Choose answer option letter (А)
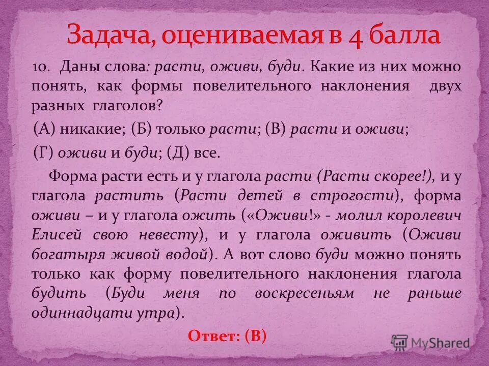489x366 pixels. (44, 129)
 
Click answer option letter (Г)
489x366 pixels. (44, 153)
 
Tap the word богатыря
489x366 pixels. (63, 254)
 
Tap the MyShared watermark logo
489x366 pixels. (431, 343)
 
